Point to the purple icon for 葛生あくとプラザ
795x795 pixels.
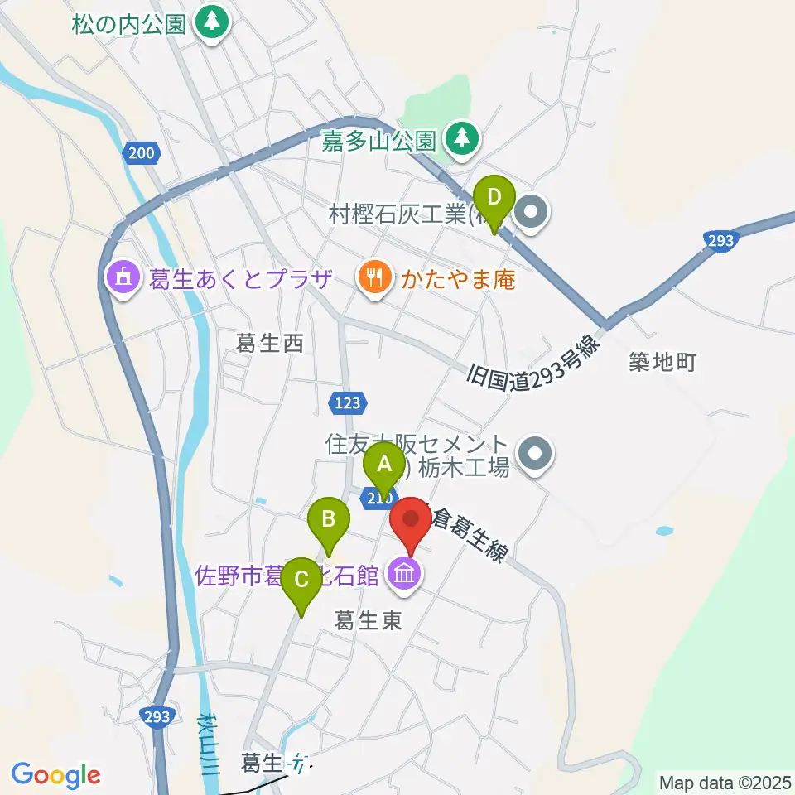[x=123, y=277]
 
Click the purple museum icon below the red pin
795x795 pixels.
[x=404, y=572]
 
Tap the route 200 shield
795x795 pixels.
[x=141, y=152]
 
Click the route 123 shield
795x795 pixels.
[x=348, y=402]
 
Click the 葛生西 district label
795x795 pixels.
[x=270, y=343]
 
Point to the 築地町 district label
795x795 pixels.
[x=663, y=361]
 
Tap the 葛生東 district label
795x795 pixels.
[x=369, y=620]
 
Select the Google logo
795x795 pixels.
[x=55, y=775]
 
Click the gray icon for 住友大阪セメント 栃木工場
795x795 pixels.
[x=533, y=453]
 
